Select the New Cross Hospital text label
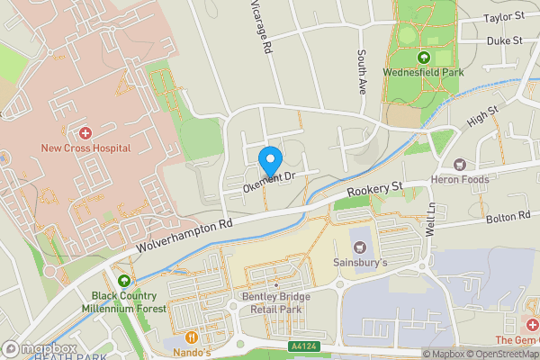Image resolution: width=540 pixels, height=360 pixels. click(85, 148)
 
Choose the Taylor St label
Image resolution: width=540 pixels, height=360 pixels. click(503, 17)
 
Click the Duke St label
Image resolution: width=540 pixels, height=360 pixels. click(505, 40)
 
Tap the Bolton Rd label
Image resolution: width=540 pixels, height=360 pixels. click(508, 217)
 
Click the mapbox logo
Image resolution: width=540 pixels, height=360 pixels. click(38, 348)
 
